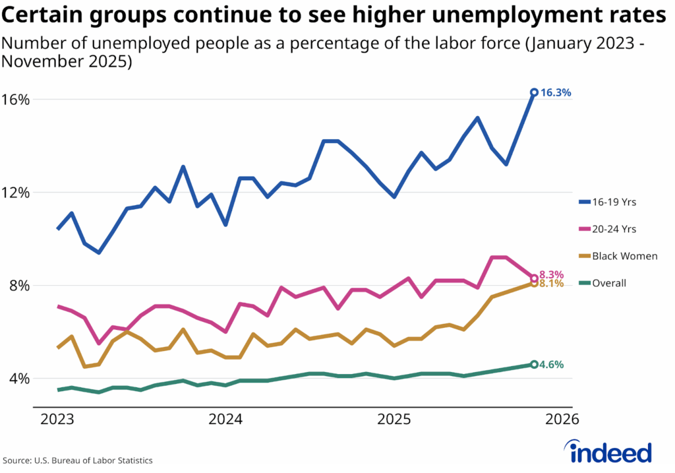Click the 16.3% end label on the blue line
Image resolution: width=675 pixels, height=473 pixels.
[556, 93]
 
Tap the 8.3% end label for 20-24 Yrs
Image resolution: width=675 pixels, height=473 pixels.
[551, 274]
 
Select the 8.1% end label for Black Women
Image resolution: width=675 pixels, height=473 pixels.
[551, 284]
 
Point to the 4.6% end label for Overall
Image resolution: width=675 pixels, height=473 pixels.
[551, 364]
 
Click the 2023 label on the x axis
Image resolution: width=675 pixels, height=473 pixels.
[58, 420]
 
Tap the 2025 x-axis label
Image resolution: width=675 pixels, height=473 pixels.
[394, 420]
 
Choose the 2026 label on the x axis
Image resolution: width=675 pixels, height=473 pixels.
[562, 420]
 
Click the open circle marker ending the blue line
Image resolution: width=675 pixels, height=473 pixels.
[534, 92]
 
